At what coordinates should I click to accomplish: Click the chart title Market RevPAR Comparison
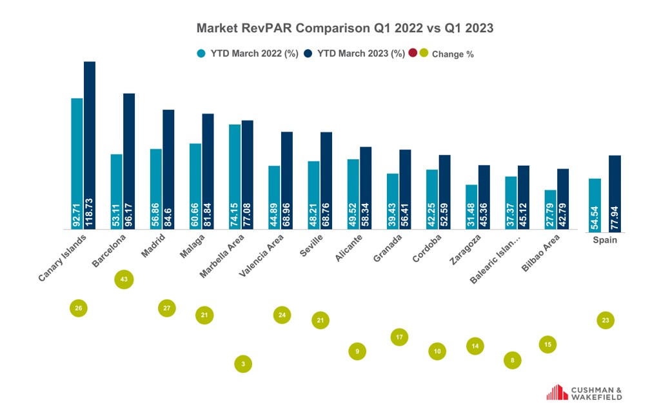(x=344, y=28)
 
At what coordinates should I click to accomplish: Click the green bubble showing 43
(x=123, y=279)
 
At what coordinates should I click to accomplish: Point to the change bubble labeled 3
(x=243, y=364)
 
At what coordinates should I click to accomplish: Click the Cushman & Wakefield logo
(x=584, y=393)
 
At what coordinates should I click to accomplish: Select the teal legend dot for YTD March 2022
(x=201, y=54)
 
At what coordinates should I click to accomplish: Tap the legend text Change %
(x=453, y=54)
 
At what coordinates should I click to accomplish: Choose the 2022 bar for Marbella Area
(x=235, y=177)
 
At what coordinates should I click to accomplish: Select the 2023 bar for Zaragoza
(x=484, y=197)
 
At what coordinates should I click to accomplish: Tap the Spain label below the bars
(x=605, y=240)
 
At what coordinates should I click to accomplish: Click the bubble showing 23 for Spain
(x=605, y=320)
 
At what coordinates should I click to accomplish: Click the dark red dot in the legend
(x=413, y=54)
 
